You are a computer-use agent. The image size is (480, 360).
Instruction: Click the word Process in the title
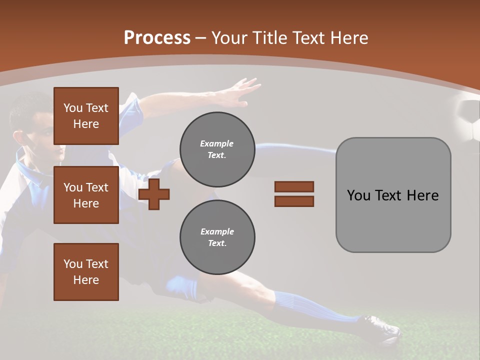tap(157, 38)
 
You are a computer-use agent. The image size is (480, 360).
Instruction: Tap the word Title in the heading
tap(270, 38)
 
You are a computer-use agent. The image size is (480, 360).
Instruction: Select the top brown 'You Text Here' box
tap(86, 116)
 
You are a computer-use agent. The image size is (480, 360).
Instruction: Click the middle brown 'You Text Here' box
tap(86, 195)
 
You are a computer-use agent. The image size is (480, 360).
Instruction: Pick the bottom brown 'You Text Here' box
tap(86, 271)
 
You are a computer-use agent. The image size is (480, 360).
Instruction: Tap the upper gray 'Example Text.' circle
tap(217, 149)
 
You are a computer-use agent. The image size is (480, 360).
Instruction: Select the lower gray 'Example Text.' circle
tap(217, 237)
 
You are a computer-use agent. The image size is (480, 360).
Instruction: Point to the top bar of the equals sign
tap(294, 186)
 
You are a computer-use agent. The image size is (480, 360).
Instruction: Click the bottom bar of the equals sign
tap(294, 201)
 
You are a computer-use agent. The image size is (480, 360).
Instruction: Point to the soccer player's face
tap(47, 135)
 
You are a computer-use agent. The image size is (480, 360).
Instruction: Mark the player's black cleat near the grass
tap(382, 327)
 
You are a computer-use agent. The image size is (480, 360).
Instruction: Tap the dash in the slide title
tap(200, 38)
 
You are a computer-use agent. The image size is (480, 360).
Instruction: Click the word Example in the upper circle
tap(217, 143)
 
